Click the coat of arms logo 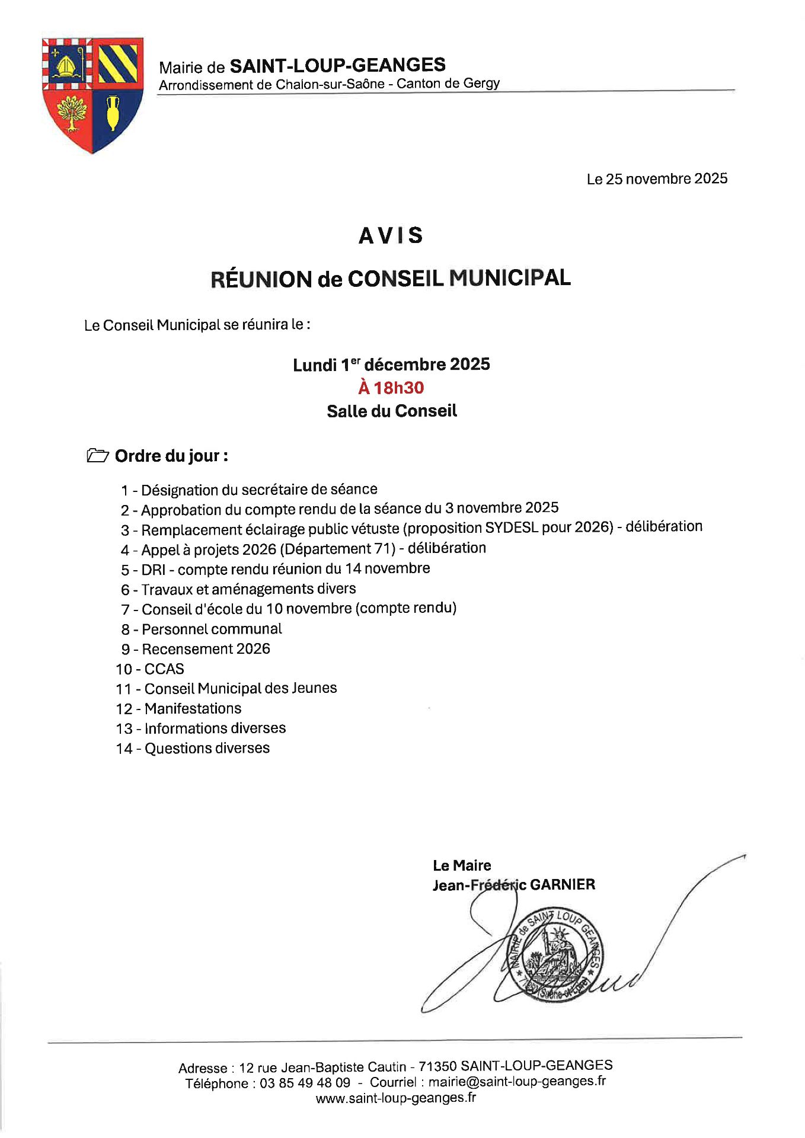(x=92, y=95)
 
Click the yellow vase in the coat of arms (x=113, y=113)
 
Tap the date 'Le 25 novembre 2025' (x=657, y=179)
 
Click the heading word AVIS (x=391, y=236)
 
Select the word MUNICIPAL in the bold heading (x=510, y=278)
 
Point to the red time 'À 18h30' (x=391, y=388)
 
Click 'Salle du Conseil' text (x=392, y=411)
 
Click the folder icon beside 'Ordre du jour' (x=97, y=456)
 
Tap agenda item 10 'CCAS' (x=164, y=669)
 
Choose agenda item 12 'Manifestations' (x=193, y=709)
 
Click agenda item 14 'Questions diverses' (x=207, y=749)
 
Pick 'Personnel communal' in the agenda (x=212, y=629)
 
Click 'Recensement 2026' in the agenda (x=206, y=649)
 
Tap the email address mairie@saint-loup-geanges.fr (x=517, y=1082)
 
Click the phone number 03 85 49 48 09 (x=305, y=1083)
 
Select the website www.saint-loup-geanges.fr (x=395, y=1098)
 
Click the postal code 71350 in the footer (x=437, y=1066)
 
